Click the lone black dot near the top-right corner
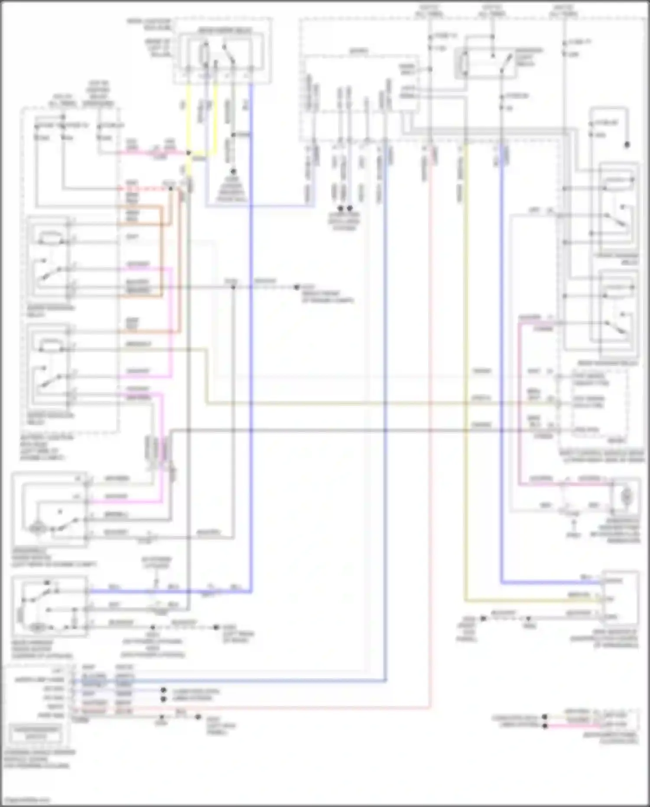pos(627,145)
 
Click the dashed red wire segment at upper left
pos(143,189)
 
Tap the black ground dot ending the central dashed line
pos(296,287)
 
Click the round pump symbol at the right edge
pos(627,497)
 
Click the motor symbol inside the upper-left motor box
pos(36,529)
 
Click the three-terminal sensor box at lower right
pos(620,598)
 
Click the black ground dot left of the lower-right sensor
pos(483,618)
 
